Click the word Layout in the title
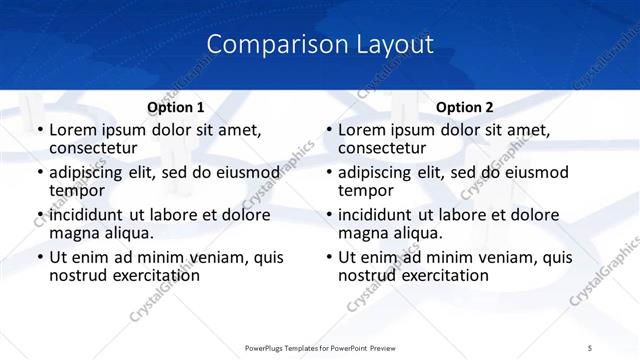pos(396,45)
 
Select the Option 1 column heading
pos(176,107)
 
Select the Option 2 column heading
pos(465,107)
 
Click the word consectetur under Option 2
pos(381,148)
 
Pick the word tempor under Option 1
pos(77,190)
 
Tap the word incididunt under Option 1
pos(88,215)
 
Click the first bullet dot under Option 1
pos(39,131)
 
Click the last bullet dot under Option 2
pos(328,258)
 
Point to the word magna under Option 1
pos(76,233)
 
